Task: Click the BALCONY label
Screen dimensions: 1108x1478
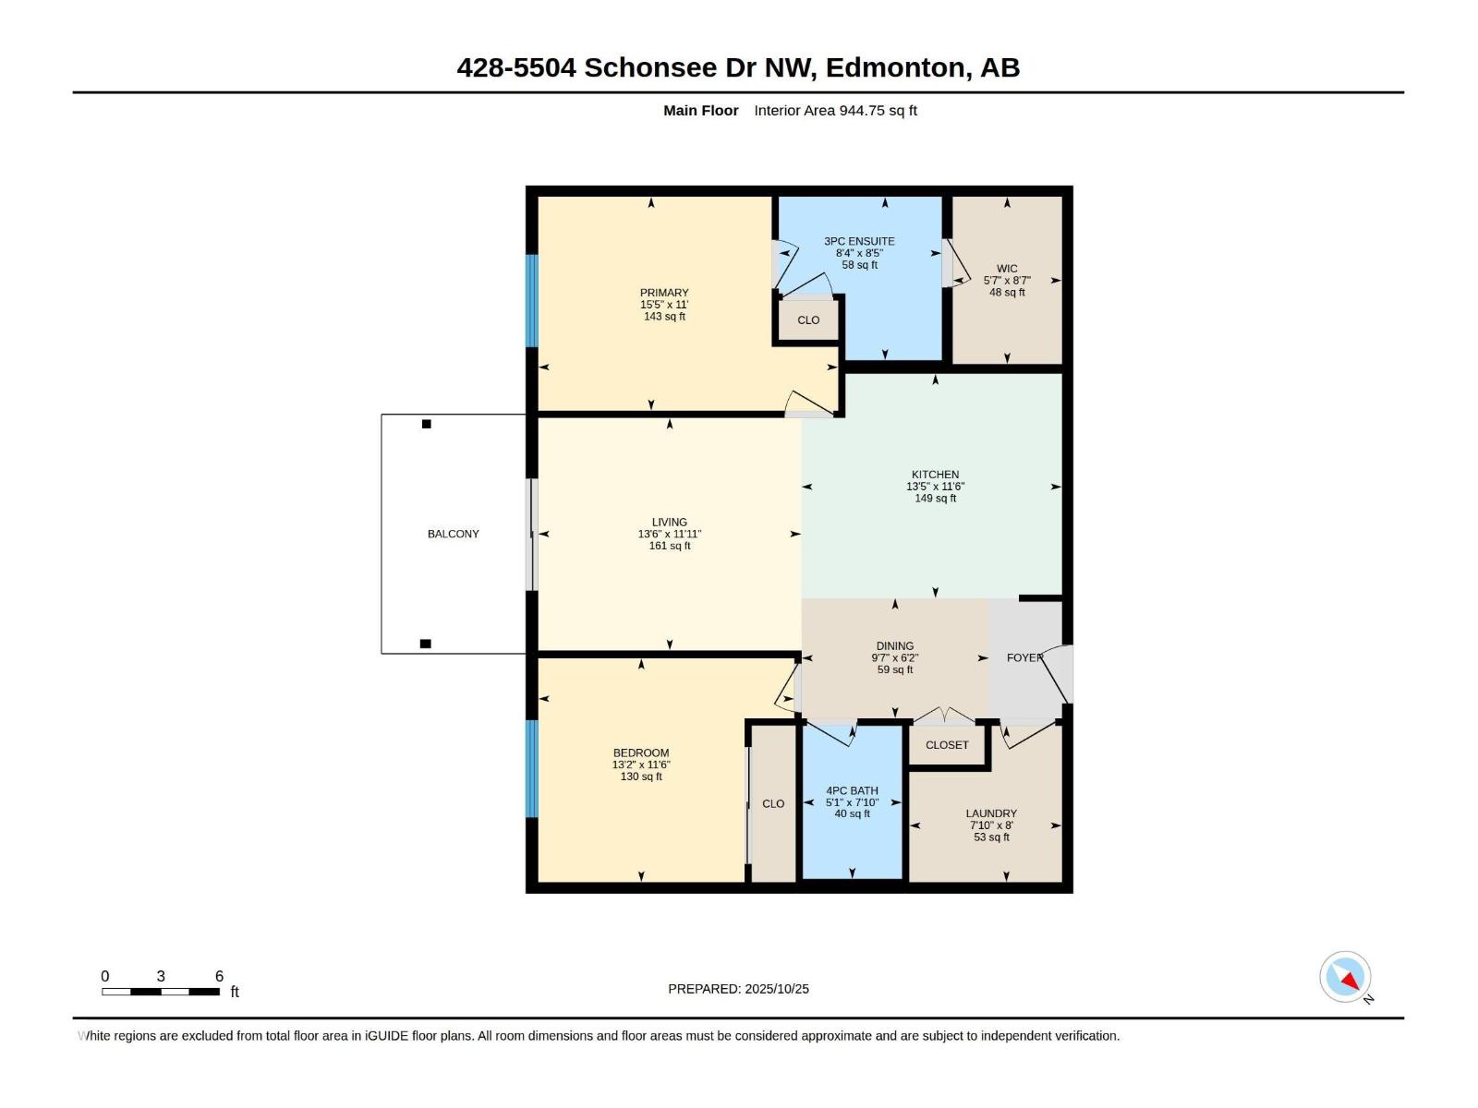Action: (x=453, y=534)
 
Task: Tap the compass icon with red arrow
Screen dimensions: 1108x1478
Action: (x=1345, y=977)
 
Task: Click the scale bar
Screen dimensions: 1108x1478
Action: (x=161, y=992)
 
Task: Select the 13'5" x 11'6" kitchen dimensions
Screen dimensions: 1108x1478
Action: (x=935, y=487)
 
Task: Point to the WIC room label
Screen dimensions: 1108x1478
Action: (x=1007, y=269)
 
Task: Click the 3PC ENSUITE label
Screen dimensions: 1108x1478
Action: (x=859, y=241)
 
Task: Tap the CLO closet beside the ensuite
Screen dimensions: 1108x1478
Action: (x=808, y=320)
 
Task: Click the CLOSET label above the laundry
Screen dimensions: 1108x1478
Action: (x=947, y=745)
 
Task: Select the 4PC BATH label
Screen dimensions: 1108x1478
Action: (x=852, y=790)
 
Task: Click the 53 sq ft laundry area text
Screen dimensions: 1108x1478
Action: (x=991, y=837)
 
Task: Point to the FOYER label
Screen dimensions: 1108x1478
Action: (x=1024, y=657)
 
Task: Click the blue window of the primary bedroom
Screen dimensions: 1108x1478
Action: (x=531, y=300)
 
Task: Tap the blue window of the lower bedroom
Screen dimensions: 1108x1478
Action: (x=531, y=768)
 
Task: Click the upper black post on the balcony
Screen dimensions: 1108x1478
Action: (x=426, y=425)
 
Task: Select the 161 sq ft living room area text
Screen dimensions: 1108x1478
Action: (x=670, y=546)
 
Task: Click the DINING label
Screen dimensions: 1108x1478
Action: (x=894, y=646)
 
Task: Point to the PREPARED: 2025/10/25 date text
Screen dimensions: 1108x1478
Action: (x=738, y=989)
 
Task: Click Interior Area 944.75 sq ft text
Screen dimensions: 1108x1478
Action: (x=835, y=111)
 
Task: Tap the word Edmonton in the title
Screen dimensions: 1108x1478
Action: (x=895, y=67)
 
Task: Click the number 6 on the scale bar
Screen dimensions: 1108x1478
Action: (x=219, y=976)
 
